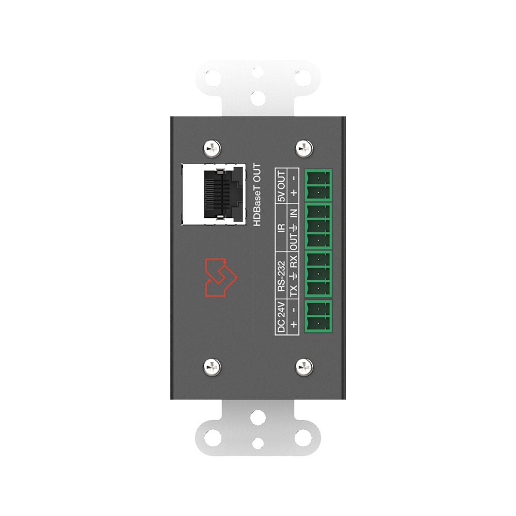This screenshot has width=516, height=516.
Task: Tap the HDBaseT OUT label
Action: coord(257,195)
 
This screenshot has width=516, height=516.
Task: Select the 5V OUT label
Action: coord(281,186)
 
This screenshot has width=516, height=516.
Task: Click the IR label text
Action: coord(281,227)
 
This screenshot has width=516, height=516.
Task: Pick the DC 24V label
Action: coord(281,317)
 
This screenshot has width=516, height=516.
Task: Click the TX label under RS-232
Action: coord(293,290)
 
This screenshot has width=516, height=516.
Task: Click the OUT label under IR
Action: coord(293,242)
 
